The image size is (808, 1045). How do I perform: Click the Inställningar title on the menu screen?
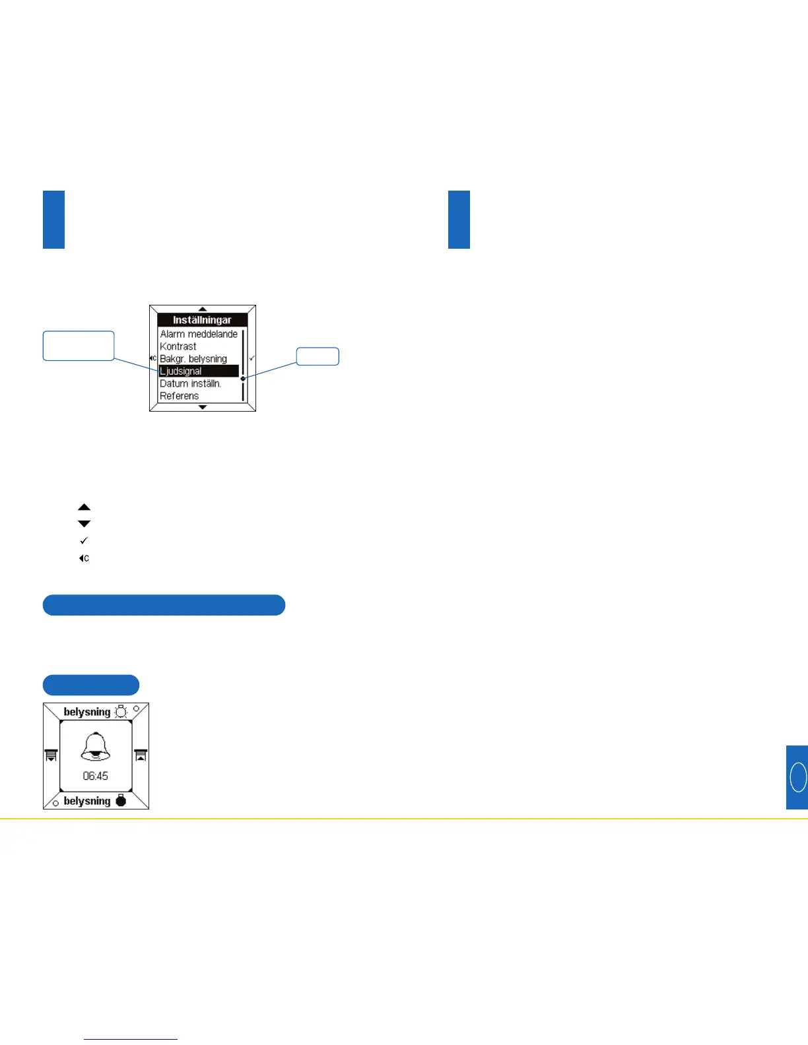[202, 320]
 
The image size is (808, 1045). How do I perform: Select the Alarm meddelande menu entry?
[199, 334]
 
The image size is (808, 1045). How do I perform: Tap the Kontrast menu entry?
[178, 346]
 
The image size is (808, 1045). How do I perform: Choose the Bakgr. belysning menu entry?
[193, 359]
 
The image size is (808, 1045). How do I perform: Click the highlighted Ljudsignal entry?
[198, 371]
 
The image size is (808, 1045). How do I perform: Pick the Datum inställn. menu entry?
[191, 383]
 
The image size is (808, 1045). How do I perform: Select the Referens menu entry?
[180, 396]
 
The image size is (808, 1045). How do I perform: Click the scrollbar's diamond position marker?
[243, 379]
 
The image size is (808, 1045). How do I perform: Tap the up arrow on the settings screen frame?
[203, 309]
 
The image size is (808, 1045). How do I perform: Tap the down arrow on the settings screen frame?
[203, 407]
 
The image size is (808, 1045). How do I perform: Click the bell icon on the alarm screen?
[96, 747]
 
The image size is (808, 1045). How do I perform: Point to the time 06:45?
[96, 776]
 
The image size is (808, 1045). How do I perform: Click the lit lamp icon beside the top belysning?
[121, 712]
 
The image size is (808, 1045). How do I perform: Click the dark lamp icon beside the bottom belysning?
[120, 801]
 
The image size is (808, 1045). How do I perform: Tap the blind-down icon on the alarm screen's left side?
[51, 755]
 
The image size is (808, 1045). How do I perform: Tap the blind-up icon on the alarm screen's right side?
[141, 755]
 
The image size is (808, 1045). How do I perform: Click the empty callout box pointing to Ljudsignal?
[79, 346]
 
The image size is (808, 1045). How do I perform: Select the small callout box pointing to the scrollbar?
[318, 356]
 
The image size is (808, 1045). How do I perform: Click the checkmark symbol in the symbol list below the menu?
[84, 541]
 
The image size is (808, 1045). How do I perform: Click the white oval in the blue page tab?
[798, 776]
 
